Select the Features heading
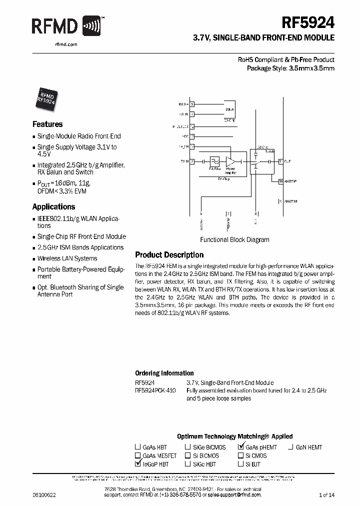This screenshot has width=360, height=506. point(47,124)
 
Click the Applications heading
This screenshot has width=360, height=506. point(53,206)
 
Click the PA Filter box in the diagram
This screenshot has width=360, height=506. point(215,162)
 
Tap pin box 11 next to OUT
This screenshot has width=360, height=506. point(281,161)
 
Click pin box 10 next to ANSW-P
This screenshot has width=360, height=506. point(281,181)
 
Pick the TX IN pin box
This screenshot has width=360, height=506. point(192,161)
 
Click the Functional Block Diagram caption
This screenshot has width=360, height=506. point(234,239)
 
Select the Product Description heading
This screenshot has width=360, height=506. point(169,255)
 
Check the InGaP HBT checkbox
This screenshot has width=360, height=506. point(137,463)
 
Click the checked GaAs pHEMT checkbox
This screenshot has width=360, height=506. point(241,446)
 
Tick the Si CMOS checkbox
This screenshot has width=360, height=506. point(240,455)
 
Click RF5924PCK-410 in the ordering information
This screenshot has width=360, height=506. point(155,390)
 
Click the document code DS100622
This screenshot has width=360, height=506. point(43,494)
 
